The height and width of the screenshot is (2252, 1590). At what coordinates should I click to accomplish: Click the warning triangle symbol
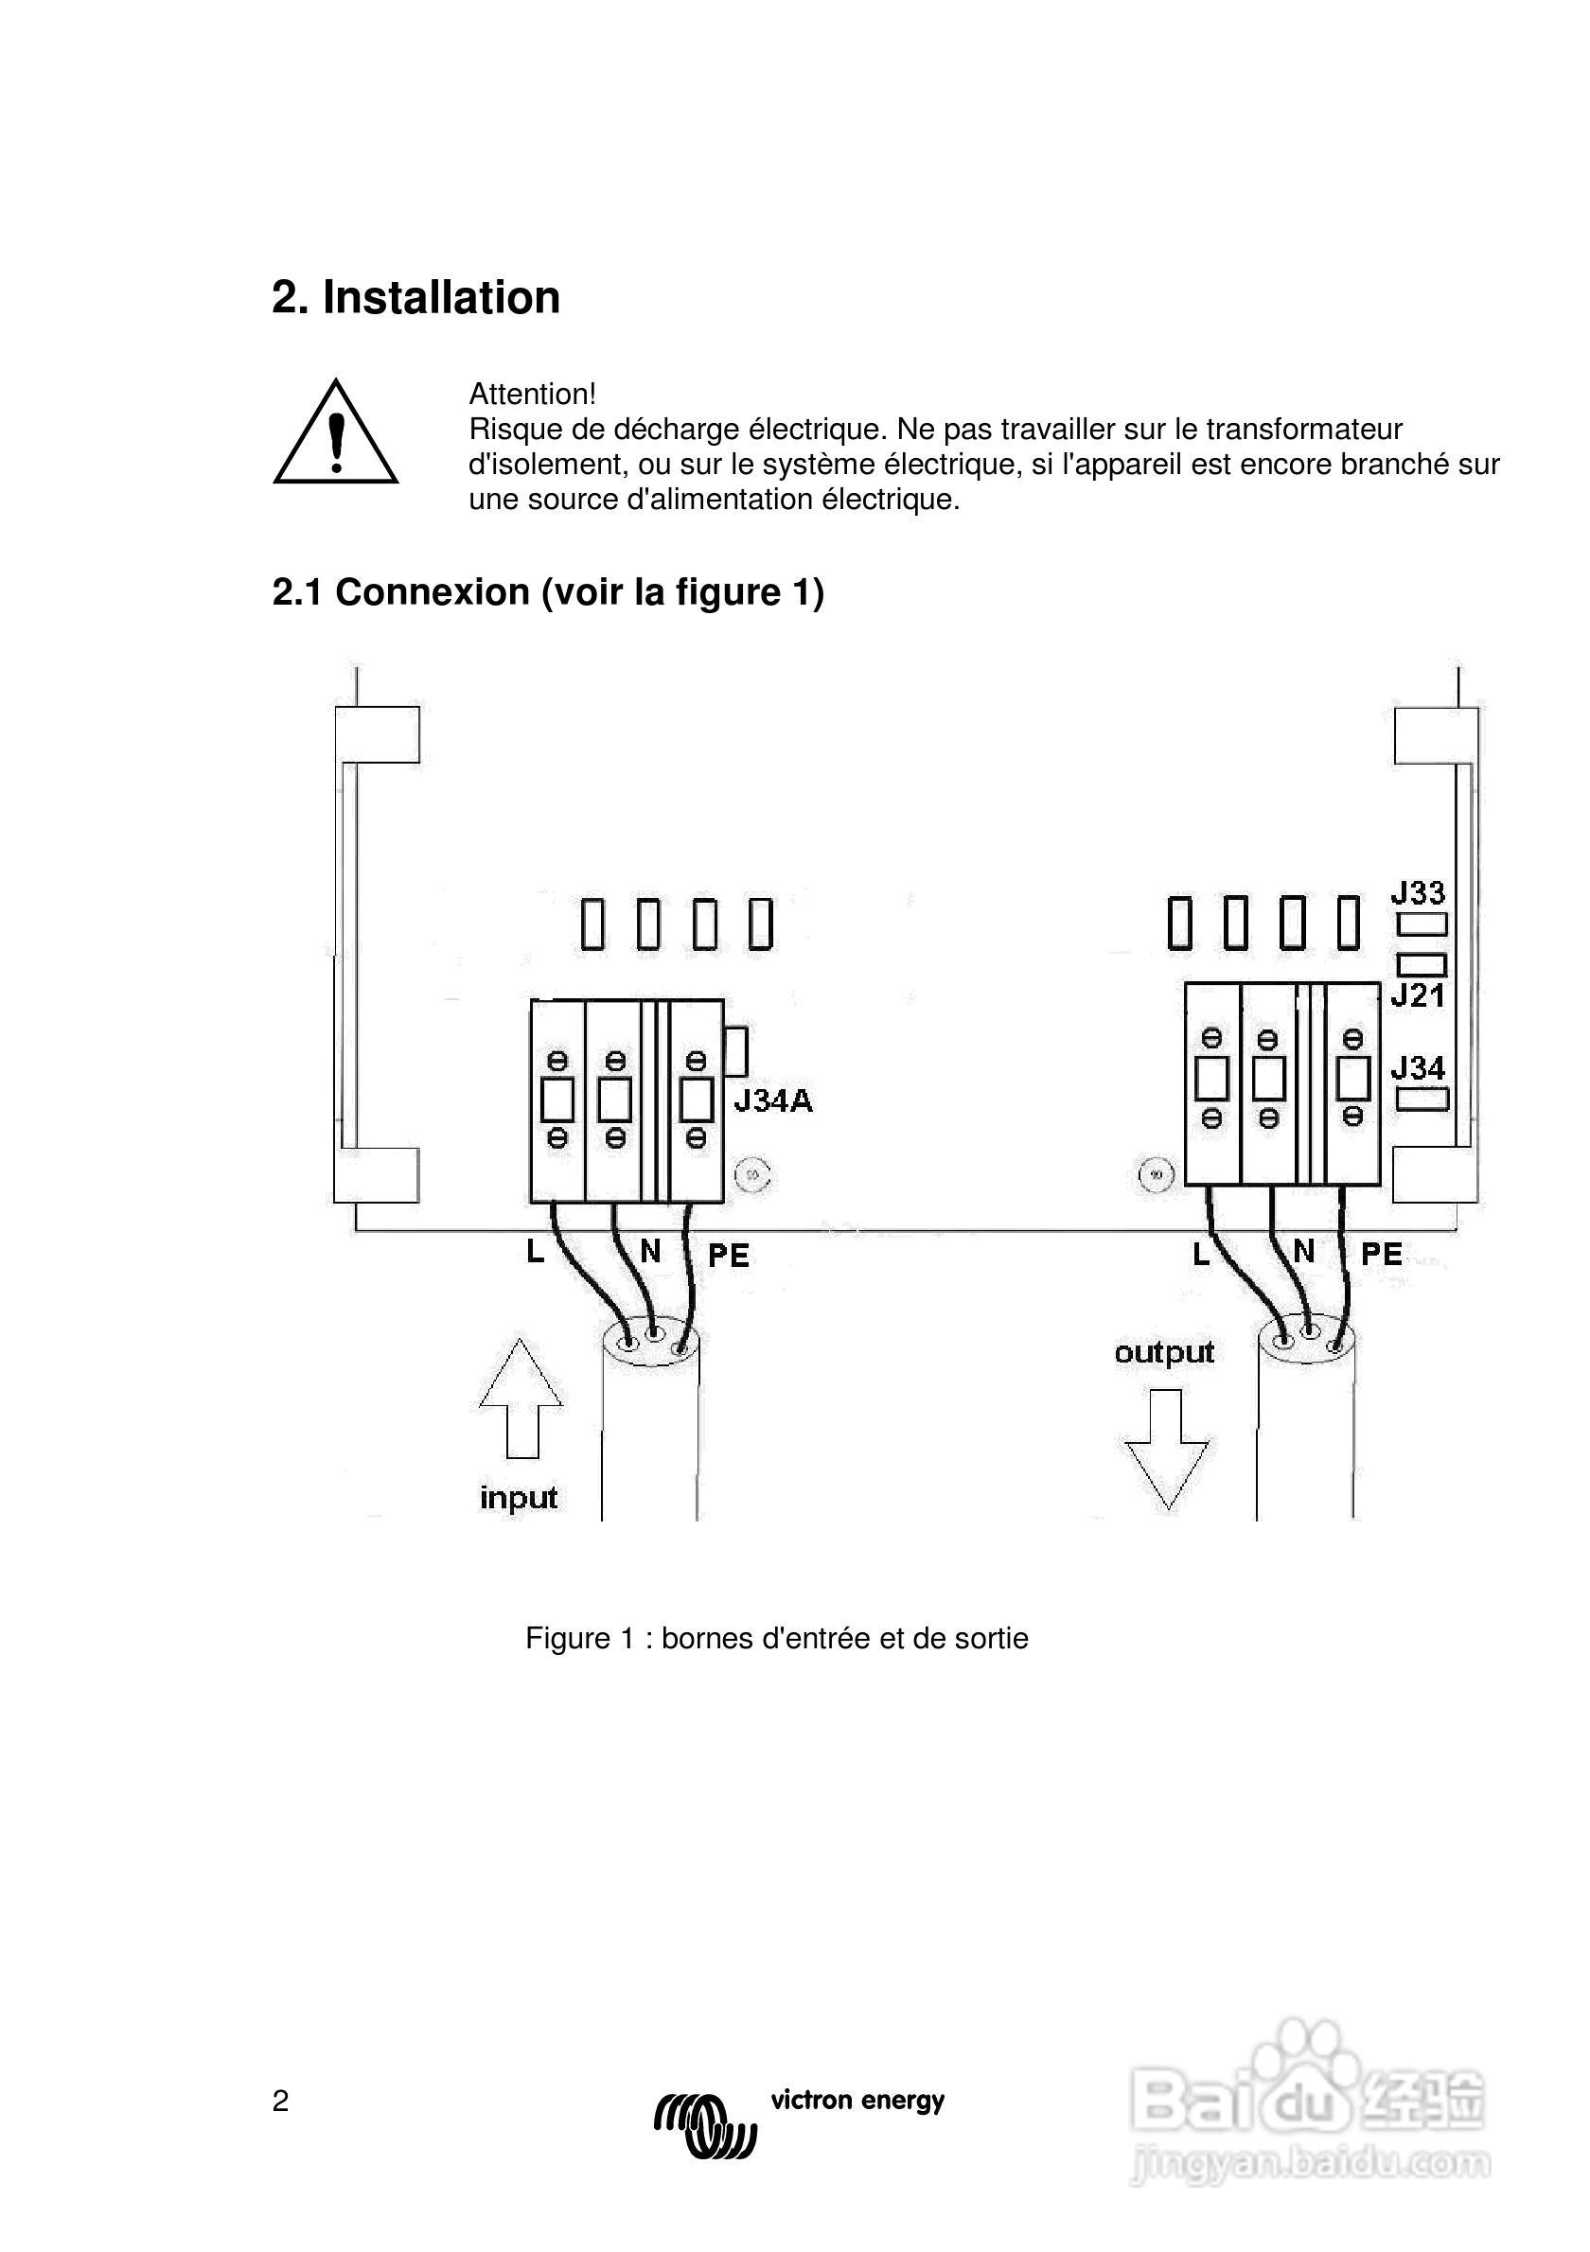tap(335, 434)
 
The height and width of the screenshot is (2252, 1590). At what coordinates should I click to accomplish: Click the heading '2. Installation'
tap(415, 297)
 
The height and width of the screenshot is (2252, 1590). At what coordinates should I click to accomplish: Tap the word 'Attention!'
tap(532, 395)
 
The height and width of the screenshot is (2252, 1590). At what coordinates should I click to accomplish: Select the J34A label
tap(773, 1101)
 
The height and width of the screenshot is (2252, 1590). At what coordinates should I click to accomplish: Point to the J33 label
tap(1418, 892)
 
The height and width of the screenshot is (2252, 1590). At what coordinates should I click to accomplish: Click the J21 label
tap(1418, 996)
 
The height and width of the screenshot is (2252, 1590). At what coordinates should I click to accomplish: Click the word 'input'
tap(518, 1498)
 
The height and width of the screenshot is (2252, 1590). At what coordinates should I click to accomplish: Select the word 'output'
tap(1164, 1352)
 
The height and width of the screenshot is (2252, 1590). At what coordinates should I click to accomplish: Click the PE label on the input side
tap(729, 1256)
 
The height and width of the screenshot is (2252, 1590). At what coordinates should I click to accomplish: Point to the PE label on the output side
tap(1381, 1254)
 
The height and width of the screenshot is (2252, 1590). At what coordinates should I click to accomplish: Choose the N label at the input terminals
tap(650, 1251)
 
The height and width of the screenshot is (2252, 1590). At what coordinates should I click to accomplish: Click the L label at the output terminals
tap(1201, 1255)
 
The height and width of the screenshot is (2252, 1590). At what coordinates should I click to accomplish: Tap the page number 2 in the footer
tap(280, 2101)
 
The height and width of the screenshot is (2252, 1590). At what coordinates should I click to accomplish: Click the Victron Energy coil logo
tap(705, 2125)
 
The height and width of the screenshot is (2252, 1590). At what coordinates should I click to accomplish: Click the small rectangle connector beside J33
tap(1422, 924)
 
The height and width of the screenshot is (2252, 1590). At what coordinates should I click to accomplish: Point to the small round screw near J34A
tap(753, 1173)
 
